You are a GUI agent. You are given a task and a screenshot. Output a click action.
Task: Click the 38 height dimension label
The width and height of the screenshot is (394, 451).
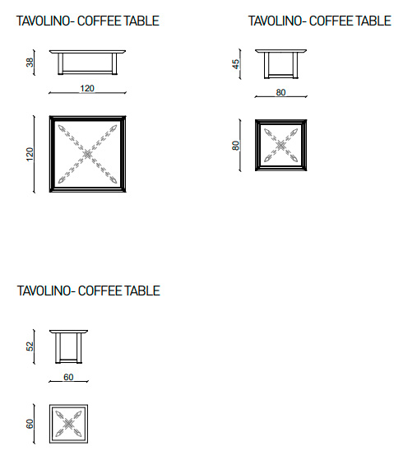30,63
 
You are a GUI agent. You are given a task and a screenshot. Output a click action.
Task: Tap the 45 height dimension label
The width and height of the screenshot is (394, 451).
235,64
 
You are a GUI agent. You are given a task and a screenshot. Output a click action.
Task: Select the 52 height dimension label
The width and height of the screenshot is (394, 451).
30,346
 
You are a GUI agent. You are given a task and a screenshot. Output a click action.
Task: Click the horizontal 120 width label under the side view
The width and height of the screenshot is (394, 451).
87,88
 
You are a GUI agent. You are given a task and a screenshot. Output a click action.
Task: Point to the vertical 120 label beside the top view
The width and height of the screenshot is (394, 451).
30,154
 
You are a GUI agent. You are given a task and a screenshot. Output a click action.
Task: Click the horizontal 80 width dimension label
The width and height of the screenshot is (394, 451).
280,92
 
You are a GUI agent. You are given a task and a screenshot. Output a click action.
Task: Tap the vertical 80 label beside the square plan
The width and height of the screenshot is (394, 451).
235,146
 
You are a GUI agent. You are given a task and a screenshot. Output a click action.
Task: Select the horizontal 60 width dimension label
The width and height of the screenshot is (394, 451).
68,377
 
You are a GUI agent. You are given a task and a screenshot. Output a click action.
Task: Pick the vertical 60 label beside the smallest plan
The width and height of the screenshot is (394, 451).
30,424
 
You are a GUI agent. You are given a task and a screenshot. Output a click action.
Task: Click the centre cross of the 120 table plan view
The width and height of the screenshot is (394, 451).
87,155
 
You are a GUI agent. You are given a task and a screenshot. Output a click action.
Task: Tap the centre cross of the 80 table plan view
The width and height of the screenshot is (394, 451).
280,145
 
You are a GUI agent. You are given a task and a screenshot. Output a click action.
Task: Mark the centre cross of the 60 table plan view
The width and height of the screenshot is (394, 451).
68,424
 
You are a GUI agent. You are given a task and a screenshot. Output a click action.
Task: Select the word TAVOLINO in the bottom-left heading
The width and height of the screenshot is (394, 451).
44,291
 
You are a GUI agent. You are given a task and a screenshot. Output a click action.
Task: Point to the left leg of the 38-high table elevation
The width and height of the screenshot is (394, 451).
60,64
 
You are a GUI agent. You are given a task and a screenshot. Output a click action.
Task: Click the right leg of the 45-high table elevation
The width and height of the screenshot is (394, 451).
295,65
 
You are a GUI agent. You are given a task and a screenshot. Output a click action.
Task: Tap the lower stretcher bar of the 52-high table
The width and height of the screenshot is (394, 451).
68,360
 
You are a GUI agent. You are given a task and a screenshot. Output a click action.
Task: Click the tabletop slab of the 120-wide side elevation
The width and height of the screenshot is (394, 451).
87,52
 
